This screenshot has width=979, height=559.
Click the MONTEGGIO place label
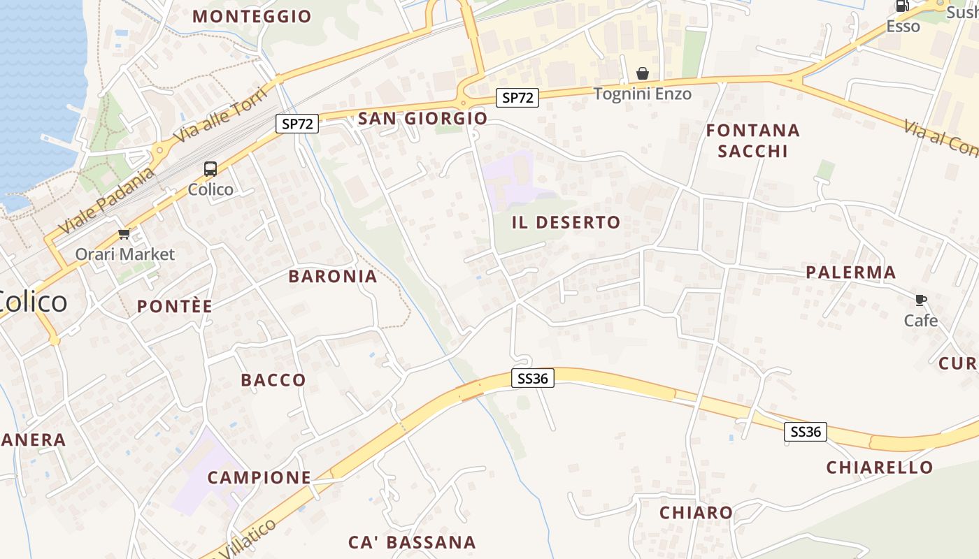pos(252,16)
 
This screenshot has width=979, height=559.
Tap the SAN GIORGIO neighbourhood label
pos(422,118)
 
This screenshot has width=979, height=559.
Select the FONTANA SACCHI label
pos(752,140)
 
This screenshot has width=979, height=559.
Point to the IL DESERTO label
pos(566,222)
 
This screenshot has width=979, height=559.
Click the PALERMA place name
pos(850,272)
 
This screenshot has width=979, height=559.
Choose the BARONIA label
pos(333,276)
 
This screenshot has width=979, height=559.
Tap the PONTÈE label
pos(175,306)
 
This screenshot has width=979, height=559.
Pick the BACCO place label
pos(273,380)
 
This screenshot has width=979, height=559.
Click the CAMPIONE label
pos(259,477)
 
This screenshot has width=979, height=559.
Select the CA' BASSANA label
pos(412,542)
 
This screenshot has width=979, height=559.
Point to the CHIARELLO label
pos(880,467)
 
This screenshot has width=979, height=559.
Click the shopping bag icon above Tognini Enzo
pos(642,73)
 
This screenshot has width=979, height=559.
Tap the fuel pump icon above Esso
pos(903,6)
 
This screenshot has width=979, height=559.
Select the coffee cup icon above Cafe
pos(920,300)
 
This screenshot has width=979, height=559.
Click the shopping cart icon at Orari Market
pos(124,233)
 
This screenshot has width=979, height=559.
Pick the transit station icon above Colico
pos(210,168)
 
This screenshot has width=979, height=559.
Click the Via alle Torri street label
pos(220,115)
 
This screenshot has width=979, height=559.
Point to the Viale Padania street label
pos(106,201)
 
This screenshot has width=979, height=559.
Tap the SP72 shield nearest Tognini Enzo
pos(518,98)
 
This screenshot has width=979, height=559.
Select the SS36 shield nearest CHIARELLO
pos(805,432)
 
